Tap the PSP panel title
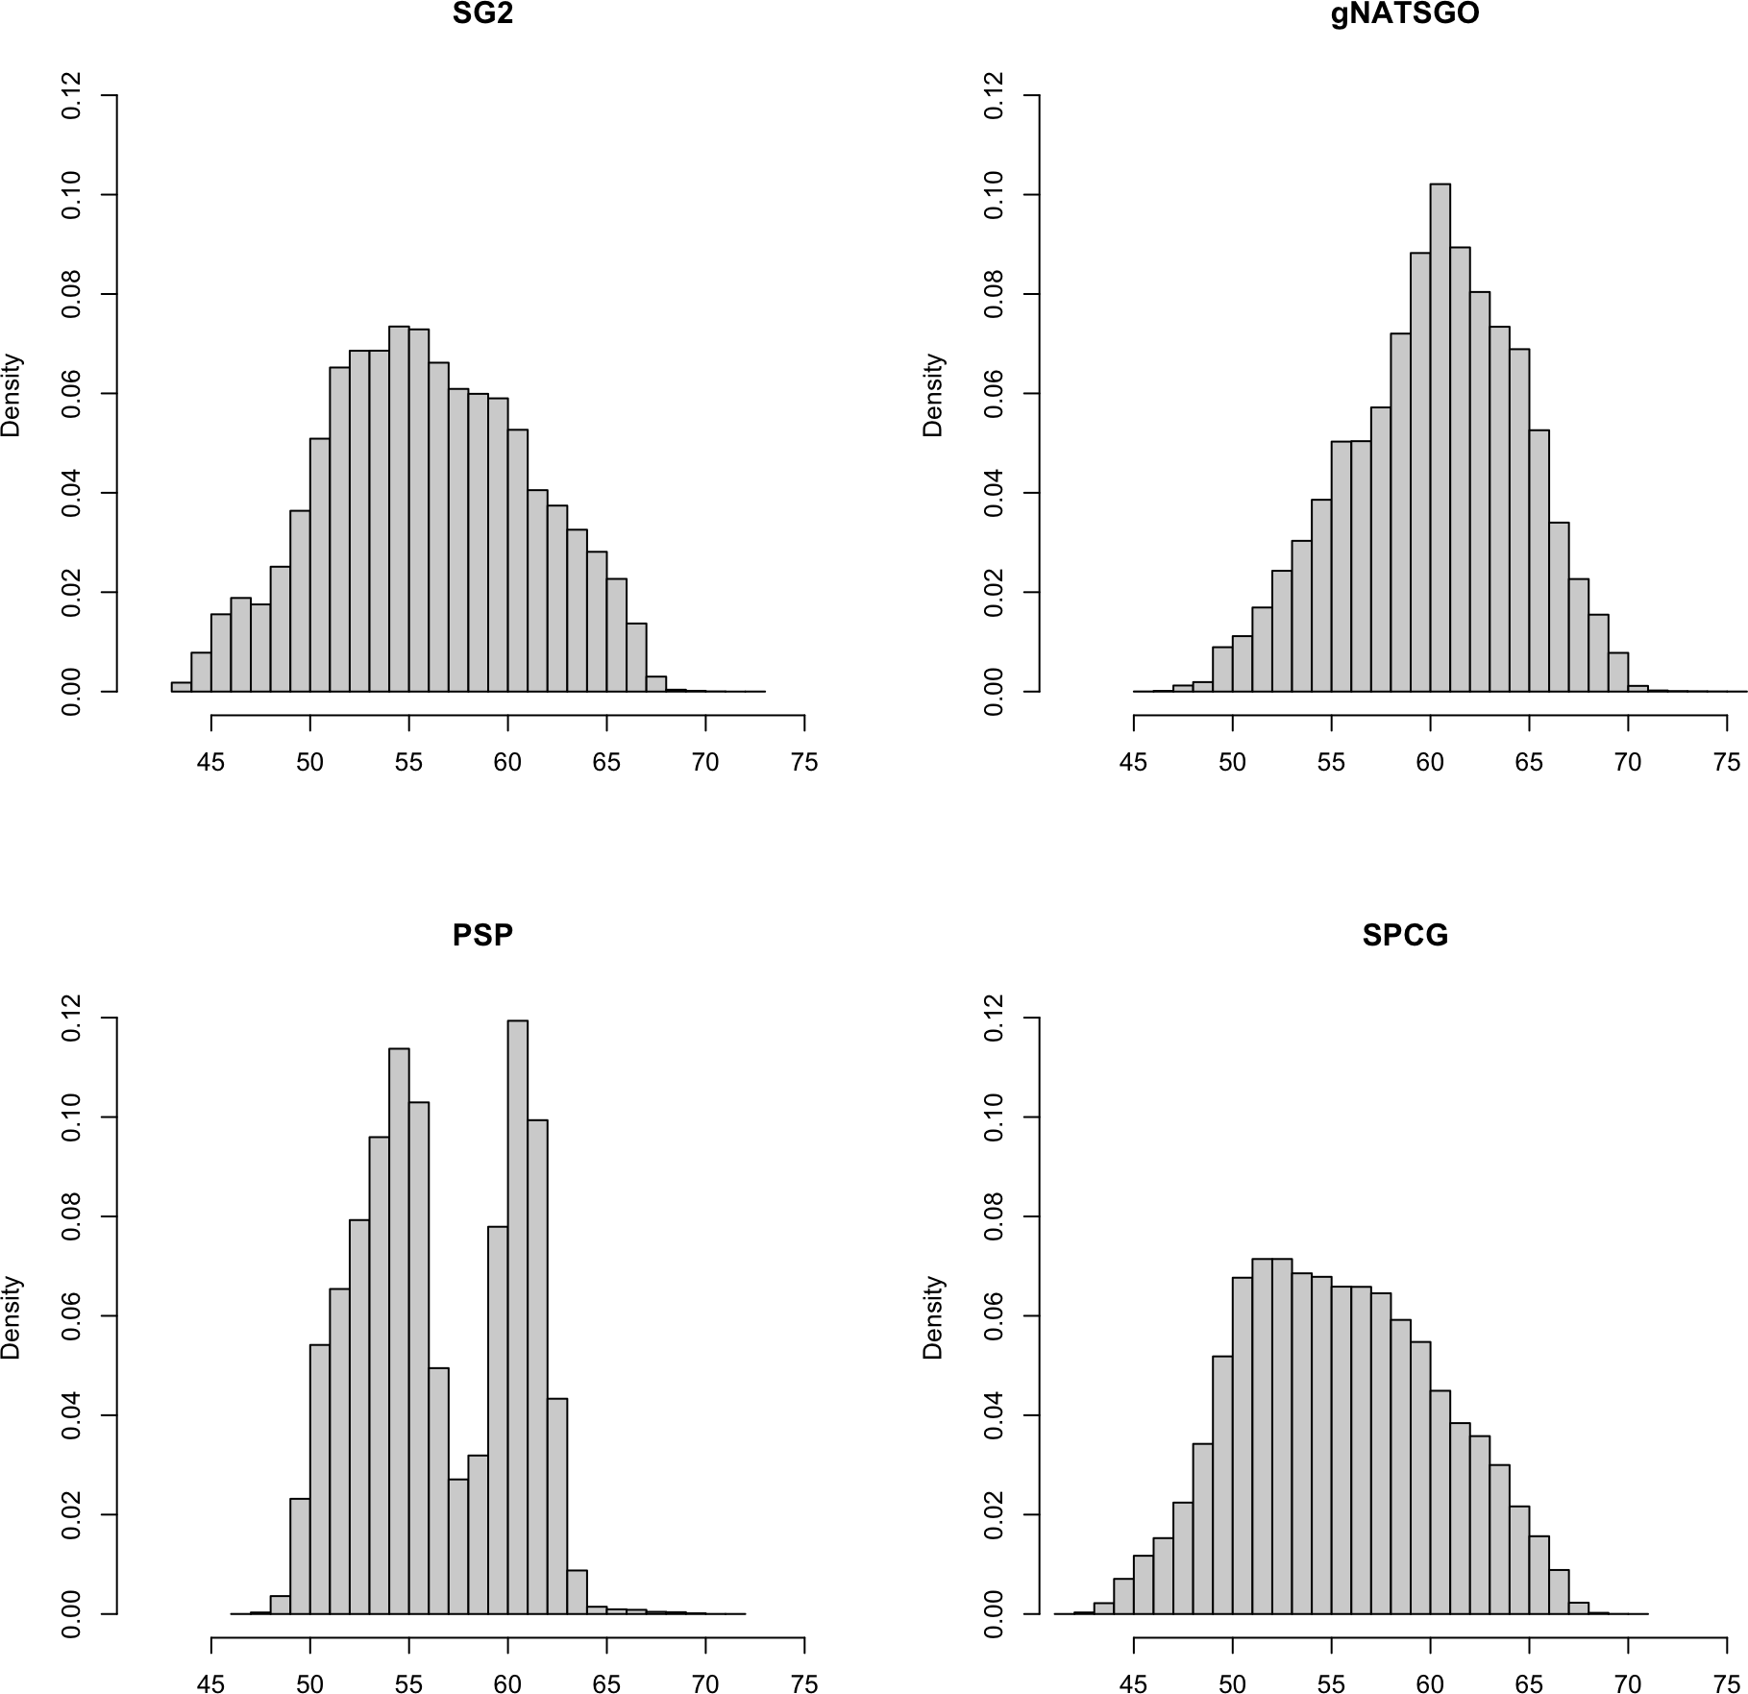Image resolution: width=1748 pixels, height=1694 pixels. pyautogui.click(x=482, y=936)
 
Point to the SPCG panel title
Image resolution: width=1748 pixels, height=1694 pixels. pyautogui.click(x=1405, y=936)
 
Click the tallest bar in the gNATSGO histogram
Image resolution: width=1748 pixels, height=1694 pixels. pyautogui.click(x=1440, y=437)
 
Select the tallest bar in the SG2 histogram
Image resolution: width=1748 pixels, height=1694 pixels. pyautogui.click(x=399, y=509)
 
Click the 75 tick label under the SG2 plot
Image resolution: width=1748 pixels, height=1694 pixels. pyautogui.click(x=804, y=763)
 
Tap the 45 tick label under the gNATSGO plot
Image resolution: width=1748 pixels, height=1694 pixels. pyautogui.click(x=1134, y=763)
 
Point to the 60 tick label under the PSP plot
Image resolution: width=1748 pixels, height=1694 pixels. pyautogui.click(x=507, y=1682)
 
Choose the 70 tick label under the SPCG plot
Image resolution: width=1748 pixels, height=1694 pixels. pyautogui.click(x=1628, y=1682)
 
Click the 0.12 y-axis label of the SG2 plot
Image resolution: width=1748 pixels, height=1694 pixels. pyautogui.click(x=72, y=95)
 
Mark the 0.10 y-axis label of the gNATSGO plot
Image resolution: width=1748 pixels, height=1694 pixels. pyautogui.click(x=995, y=194)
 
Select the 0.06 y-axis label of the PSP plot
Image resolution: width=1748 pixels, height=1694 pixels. pyautogui.click(x=72, y=1315)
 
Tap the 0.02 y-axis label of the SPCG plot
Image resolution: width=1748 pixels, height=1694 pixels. pyautogui.click(x=995, y=1514)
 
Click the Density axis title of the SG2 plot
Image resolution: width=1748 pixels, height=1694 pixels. pyautogui.click(x=12, y=394)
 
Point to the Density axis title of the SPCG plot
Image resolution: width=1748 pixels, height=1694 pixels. pyautogui.click(x=934, y=1316)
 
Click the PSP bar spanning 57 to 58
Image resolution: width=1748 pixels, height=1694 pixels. pyautogui.click(x=458, y=1546)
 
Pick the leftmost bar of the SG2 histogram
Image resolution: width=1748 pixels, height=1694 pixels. pyautogui.click(x=181, y=686)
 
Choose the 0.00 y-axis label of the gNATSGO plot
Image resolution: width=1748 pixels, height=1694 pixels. pyautogui.click(x=995, y=691)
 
